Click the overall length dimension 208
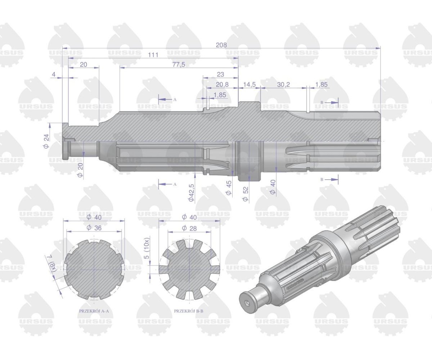point(221,45)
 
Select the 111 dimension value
point(153,55)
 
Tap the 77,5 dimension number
point(179,64)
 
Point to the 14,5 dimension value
point(249,84)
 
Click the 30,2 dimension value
point(283,84)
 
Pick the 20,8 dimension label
point(222,84)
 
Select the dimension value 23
point(221,74)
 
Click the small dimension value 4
point(54,74)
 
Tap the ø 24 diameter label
point(46,141)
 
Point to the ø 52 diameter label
point(246,194)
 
